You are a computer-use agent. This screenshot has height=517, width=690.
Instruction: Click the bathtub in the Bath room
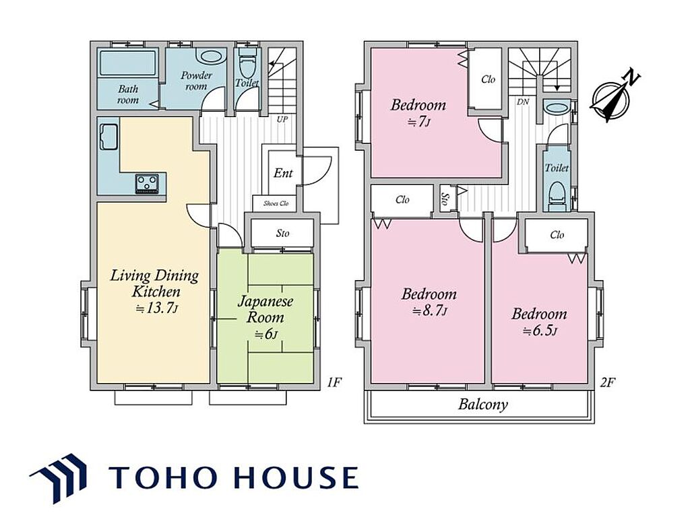pyautogui.click(x=128, y=63)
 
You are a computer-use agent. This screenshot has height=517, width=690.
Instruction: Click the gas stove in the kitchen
pyautogui.click(x=147, y=182)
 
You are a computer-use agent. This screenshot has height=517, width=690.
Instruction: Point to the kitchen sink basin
pyautogui.click(x=108, y=137)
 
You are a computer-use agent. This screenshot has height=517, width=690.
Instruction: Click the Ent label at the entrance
pyautogui.click(x=283, y=173)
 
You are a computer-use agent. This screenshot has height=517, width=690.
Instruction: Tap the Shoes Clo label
pyautogui.click(x=276, y=203)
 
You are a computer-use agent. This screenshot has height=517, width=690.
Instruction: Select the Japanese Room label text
pyautogui.click(x=265, y=309)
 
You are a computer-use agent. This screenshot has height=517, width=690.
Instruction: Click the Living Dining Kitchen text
pyautogui.click(x=154, y=283)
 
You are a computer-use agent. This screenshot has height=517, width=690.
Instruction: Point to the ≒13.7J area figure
pyautogui.click(x=157, y=308)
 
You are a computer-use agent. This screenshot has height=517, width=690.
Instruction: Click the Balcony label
pyautogui.click(x=483, y=405)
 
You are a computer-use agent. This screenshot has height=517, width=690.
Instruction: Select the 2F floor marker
pyautogui.click(x=606, y=382)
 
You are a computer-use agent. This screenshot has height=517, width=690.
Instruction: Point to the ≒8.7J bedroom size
pyautogui.click(x=430, y=312)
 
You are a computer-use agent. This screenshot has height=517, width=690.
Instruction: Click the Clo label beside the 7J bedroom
pyautogui.click(x=488, y=79)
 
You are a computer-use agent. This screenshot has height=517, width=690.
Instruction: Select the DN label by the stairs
pyautogui.click(x=523, y=102)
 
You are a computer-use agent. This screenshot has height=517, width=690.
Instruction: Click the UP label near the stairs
pyautogui.click(x=282, y=119)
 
